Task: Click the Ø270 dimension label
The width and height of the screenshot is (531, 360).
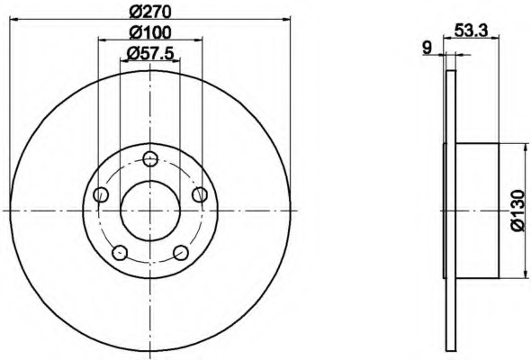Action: [150, 13]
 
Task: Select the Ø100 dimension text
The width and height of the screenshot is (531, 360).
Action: [150, 33]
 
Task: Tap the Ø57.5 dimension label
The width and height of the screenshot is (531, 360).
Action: [150, 53]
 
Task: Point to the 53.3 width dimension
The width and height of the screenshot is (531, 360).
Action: [471, 31]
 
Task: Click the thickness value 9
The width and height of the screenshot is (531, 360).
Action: [427, 48]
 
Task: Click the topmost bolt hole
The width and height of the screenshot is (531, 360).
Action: [150, 158]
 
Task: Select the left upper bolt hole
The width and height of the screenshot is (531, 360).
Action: [101, 194]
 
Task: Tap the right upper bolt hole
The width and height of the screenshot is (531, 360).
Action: [200, 194]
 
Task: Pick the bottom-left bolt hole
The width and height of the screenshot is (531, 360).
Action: [120, 253]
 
